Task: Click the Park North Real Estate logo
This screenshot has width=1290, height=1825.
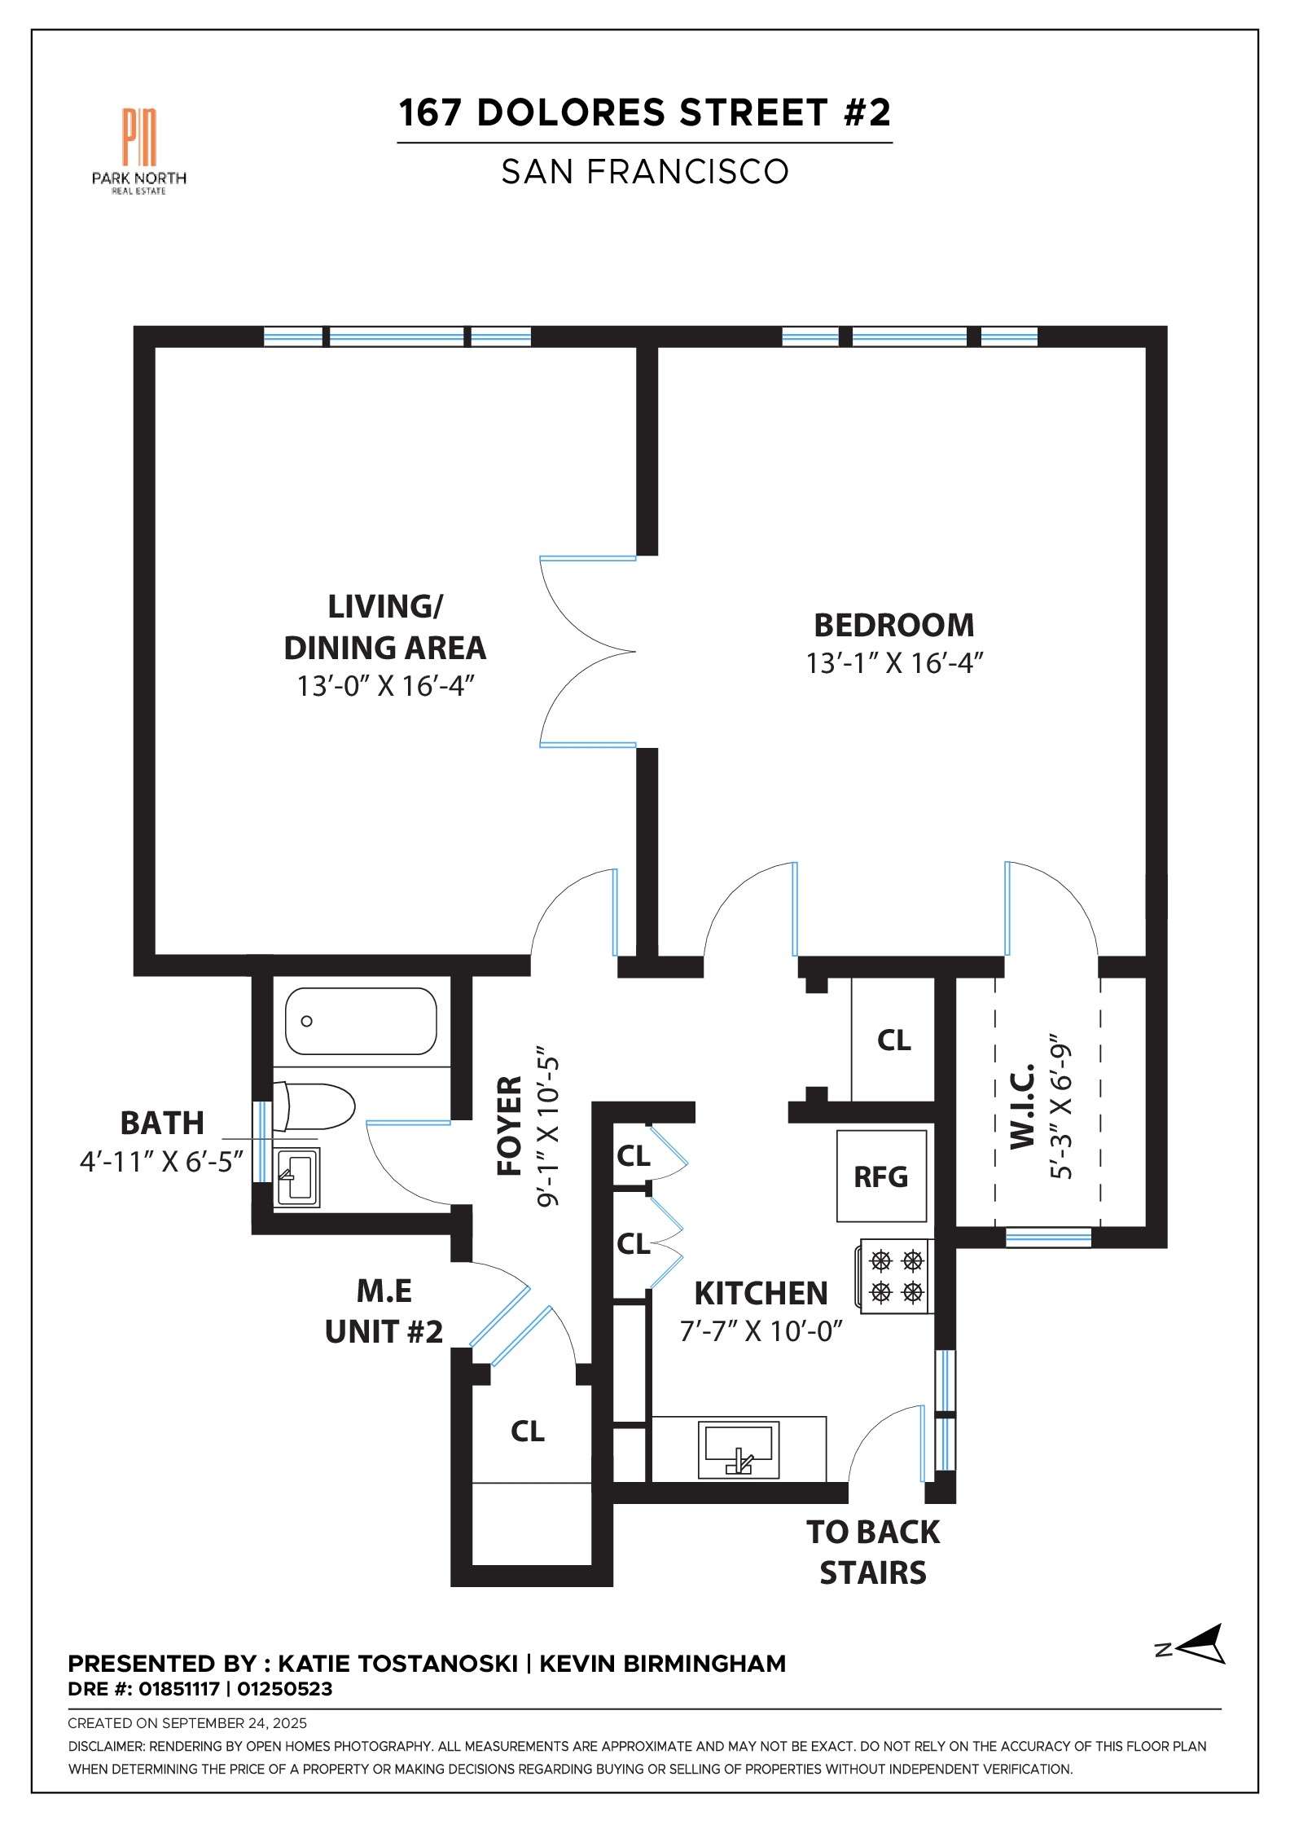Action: [139, 151]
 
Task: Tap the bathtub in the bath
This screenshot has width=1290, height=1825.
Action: [361, 1021]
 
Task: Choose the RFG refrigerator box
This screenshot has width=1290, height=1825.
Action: [881, 1176]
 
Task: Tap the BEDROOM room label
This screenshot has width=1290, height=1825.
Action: [893, 625]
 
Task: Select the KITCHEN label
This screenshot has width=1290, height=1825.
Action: [761, 1293]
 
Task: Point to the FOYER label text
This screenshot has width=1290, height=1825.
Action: [510, 1126]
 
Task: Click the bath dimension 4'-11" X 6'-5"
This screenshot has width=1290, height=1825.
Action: [161, 1160]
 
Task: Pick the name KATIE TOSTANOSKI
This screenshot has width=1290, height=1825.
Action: [397, 1664]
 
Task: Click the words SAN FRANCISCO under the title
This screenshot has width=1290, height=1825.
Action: [645, 171]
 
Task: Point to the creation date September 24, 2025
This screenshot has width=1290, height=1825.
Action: [235, 1723]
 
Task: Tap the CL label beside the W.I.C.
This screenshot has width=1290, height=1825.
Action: [893, 1040]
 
